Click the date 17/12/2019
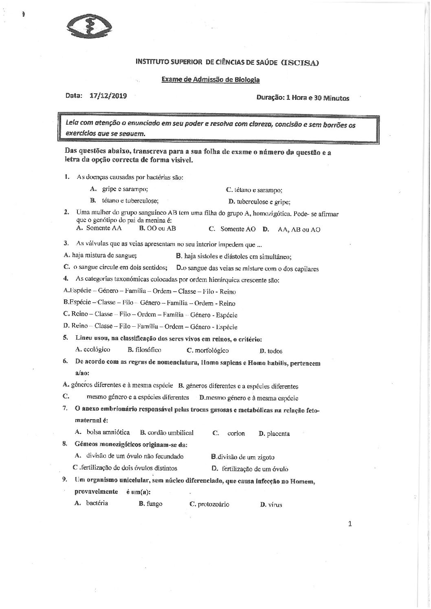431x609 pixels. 108,96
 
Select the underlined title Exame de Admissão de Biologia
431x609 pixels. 210,80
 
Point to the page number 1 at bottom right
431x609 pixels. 350,523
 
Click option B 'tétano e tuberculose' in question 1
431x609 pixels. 130,200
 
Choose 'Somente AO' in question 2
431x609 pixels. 238,229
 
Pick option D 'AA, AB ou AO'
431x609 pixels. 299,229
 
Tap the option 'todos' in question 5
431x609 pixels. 275,351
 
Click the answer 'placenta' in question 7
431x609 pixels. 278,433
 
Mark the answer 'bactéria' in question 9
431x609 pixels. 97,503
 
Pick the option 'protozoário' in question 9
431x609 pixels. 213,504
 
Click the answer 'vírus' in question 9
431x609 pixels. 275,505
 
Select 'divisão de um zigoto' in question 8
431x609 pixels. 246,457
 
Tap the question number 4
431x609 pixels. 65,279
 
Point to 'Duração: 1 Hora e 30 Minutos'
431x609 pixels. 303,98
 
